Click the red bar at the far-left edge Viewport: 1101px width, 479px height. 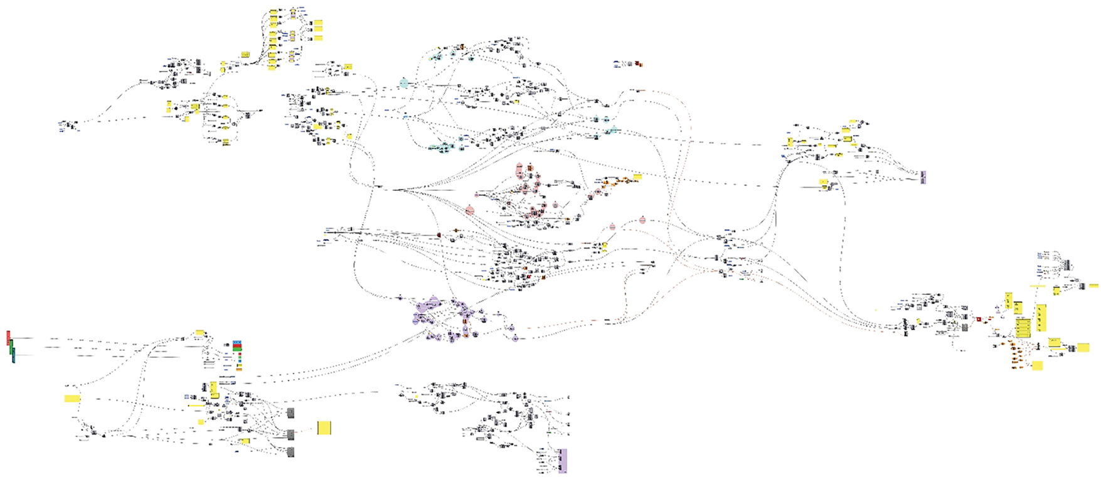8,338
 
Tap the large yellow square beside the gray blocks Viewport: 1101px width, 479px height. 324,428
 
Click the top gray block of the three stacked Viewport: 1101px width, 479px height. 290,412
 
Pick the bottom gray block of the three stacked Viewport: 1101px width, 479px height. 290,452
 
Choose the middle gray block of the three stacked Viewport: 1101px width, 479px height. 290,434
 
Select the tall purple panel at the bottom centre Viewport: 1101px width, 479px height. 562,461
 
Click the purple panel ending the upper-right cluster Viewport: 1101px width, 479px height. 923,177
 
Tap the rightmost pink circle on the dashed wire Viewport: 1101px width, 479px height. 642,220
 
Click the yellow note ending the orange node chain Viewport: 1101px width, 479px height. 637,177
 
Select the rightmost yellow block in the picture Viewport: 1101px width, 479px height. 1083,348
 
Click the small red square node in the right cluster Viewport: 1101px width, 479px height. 978,319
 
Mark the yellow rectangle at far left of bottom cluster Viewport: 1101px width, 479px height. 72,399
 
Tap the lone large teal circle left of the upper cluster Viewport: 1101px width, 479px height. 404,83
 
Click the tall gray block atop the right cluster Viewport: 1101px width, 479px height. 1067,265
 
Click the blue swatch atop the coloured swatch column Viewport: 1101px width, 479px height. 237,343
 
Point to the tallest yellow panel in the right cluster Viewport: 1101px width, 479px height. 1041,317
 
